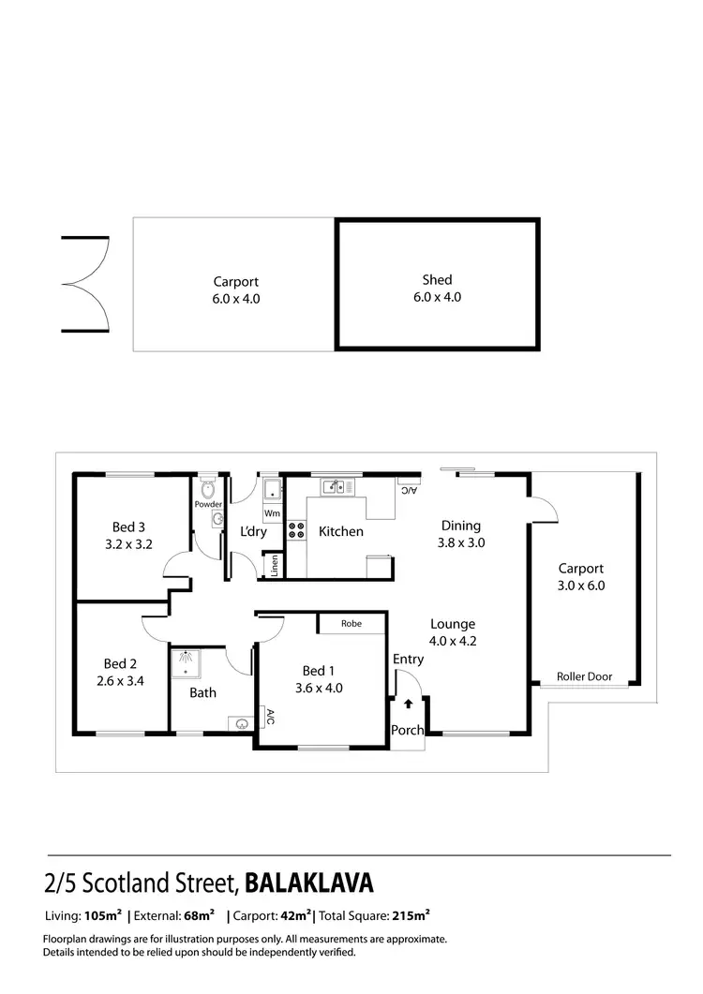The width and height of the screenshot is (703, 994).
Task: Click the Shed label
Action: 437,279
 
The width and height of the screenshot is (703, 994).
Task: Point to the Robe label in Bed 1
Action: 351,623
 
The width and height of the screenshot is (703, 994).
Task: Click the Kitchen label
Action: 340,531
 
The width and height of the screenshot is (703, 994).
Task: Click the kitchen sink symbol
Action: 333,486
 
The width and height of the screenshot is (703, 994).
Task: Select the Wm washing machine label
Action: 272,513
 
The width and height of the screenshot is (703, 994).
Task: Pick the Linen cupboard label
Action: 275,565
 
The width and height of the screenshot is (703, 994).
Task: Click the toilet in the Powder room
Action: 208,488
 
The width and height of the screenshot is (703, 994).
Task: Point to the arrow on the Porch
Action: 409,705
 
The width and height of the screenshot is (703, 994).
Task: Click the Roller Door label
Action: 584,676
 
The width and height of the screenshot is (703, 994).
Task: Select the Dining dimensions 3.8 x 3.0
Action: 460,542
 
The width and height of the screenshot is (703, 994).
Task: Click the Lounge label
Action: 453,624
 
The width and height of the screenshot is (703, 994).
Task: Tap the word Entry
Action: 408,660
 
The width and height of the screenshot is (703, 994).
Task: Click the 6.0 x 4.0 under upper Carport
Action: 235,299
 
